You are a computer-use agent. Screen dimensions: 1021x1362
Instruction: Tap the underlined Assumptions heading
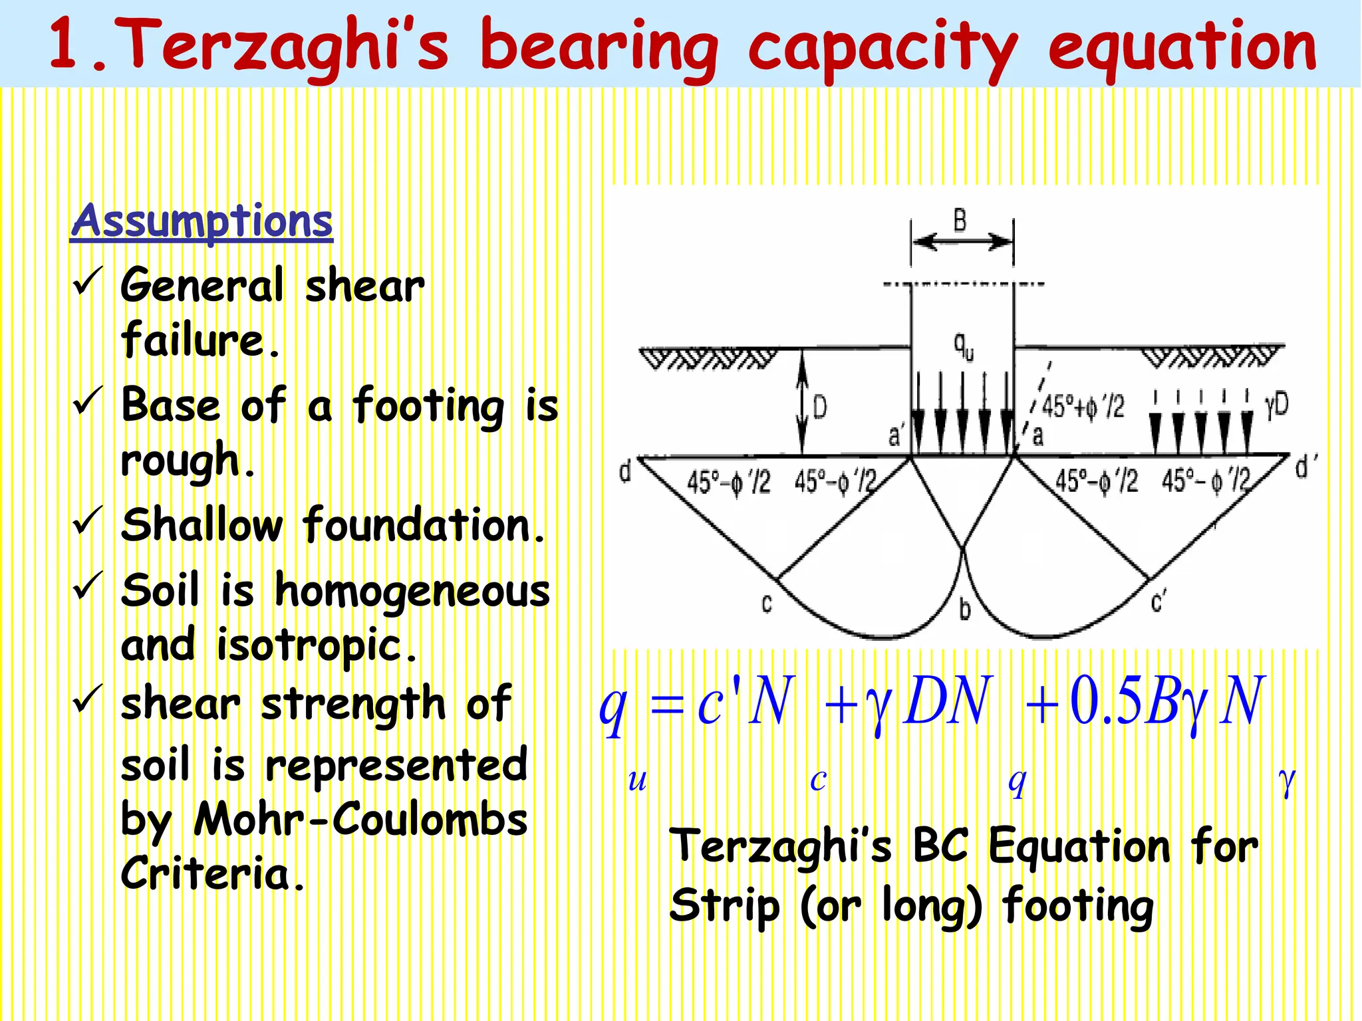(x=202, y=221)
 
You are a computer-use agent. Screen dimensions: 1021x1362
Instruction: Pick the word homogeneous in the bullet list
(x=412, y=592)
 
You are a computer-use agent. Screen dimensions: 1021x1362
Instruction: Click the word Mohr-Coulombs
(x=360, y=820)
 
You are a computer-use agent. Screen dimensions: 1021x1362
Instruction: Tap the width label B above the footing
(x=960, y=220)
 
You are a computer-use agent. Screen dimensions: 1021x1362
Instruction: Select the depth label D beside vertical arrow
(x=821, y=407)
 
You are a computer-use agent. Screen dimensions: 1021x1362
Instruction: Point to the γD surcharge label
(x=1276, y=403)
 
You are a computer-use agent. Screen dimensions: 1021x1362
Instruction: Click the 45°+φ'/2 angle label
(x=1083, y=406)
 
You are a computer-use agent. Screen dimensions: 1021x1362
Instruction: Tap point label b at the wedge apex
(x=965, y=609)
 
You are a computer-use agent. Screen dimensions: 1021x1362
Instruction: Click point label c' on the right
(x=1158, y=602)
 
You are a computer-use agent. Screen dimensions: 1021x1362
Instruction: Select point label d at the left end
(x=625, y=472)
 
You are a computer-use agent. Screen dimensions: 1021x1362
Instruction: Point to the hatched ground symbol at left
(x=707, y=360)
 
